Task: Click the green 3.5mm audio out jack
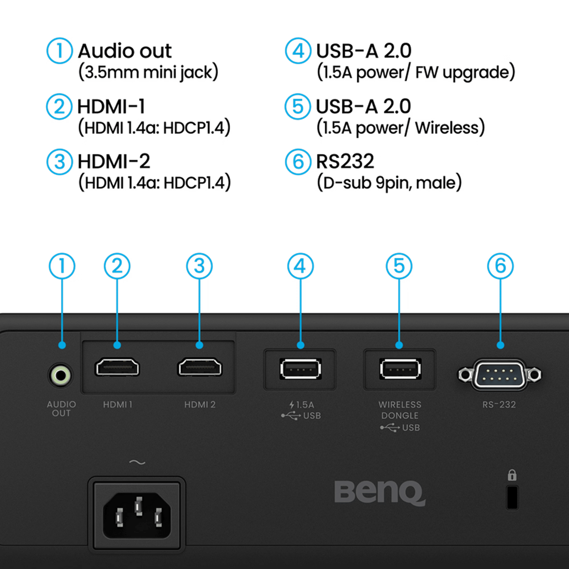pyautogui.click(x=60, y=376)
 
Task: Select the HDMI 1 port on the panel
pyautogui.click(x=117, y=367)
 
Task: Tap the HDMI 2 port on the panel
pyautogui.click(x=200, y=367)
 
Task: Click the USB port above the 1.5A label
pyautogui.click(x=300, y=369)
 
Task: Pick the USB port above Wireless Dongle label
pyautogui.click(x=400, y=369)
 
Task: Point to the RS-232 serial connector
pyautogui.click(x=499, y=375)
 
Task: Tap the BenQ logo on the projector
pyautogui.click(x=380, y=493)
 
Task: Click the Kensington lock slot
pyautogui.click(x=512, y=497)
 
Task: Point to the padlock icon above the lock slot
pyautogui.click(x=512, y=475)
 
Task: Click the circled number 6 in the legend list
pyautogui.click(x=298, y=162)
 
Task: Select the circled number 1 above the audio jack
pyautogui.click(x=62, y=266)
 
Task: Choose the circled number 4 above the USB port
pyautogui.click(x=300, y=266)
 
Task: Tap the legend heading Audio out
pyautogui.click(x=124, y=51)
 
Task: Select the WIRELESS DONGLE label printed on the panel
pyautogui.click(x=400, y=410)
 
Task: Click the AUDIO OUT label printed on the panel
pyautogui.click(x=61, y=409)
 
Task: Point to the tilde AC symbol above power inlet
pyautogui.click(x=137, y=462)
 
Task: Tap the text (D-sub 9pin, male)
pyautogui.click(x=389, y=183)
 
